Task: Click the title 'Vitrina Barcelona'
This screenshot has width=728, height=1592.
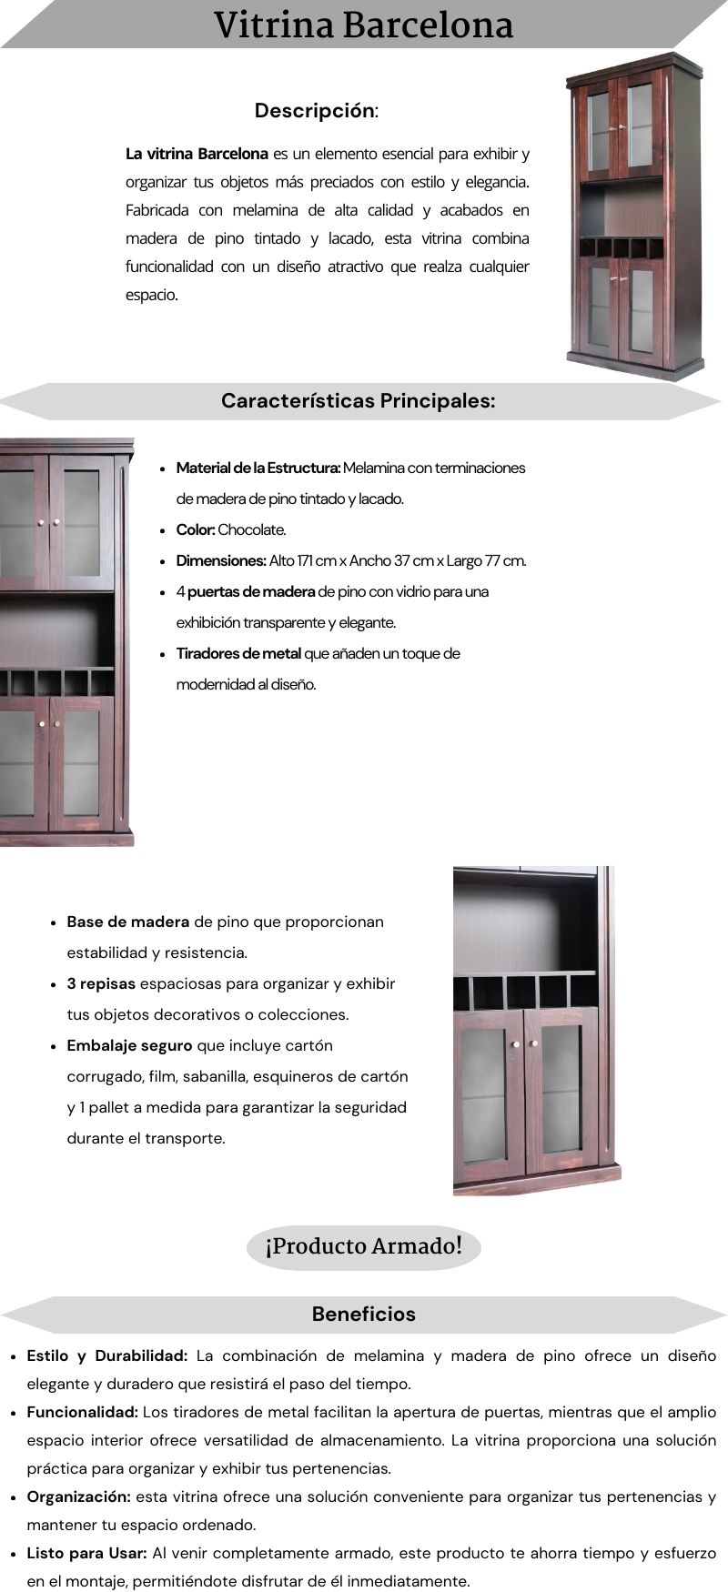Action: point(363,25)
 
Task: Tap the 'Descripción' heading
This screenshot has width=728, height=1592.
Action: point(315,111)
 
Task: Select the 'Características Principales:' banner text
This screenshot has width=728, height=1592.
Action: point(358,400)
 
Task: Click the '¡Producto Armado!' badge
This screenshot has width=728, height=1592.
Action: point(363,1245)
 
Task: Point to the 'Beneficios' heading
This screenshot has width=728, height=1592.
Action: point(363,1314)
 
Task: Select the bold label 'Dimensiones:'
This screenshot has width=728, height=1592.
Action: point(221,560)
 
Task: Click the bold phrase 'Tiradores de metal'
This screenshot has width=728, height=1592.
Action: point(238,653)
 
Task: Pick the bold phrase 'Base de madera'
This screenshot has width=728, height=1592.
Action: point(128,922)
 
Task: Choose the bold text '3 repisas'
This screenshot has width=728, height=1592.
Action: point(101,983)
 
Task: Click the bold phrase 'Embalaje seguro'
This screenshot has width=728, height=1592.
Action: point(129,1045)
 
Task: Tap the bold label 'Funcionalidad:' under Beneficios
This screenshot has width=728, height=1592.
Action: point(82,1412)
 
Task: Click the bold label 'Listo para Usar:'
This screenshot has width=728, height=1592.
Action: point(86,1553)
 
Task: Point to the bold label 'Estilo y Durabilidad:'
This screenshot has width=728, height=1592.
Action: point(107,1355)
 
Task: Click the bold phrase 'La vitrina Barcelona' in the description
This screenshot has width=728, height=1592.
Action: point(197,154)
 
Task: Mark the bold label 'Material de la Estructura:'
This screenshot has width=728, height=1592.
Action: point(258,468)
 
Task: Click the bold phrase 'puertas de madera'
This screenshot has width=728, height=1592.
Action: point(251,591)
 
